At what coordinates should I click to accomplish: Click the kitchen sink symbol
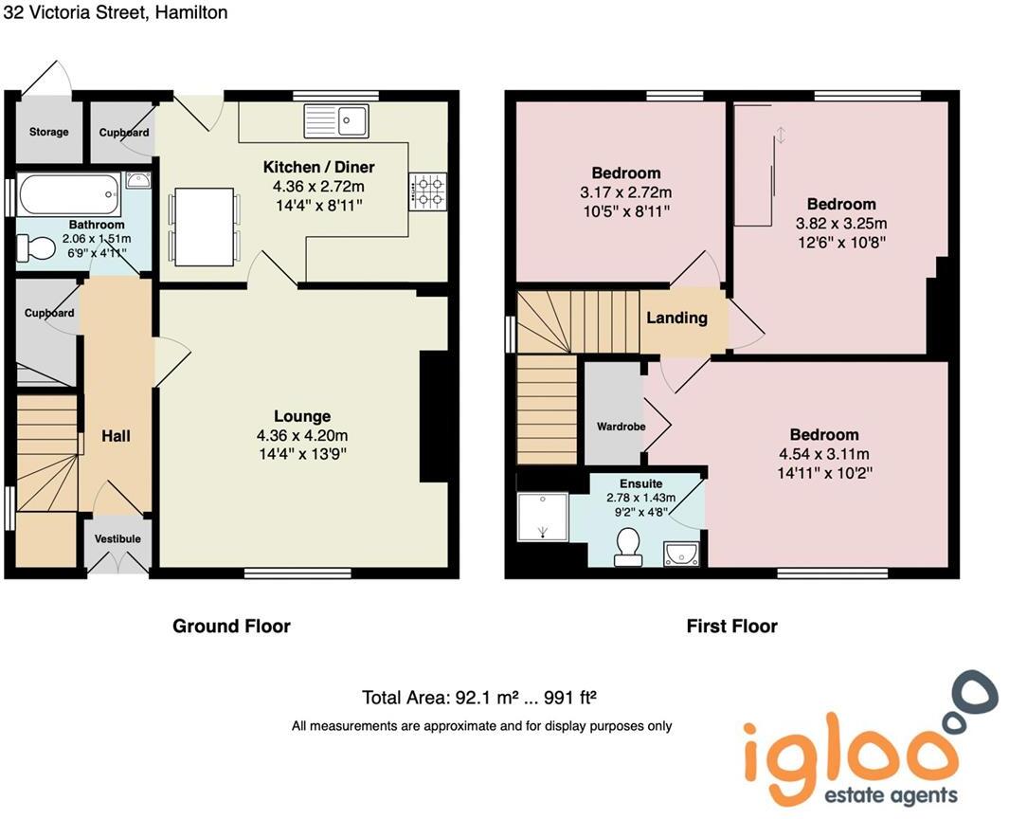[335, 120]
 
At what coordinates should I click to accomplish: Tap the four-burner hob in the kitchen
[427, 190]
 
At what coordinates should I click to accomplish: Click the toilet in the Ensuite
[627, 546]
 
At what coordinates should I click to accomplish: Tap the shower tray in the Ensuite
[542, 518]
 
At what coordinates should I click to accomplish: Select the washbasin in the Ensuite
[681, 553]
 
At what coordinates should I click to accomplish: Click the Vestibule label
[117, 538]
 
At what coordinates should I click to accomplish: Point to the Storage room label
[48, 132]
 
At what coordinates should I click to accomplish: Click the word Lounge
[302, 416]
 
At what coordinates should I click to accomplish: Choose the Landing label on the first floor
[676, 318]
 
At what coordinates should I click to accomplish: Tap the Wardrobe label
[621, 427]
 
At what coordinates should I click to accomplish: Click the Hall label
[116, 436]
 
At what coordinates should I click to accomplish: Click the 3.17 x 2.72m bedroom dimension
[625, 192]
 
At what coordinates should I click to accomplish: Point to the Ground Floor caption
[231, 626]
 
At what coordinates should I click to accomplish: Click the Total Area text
[478, 699]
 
